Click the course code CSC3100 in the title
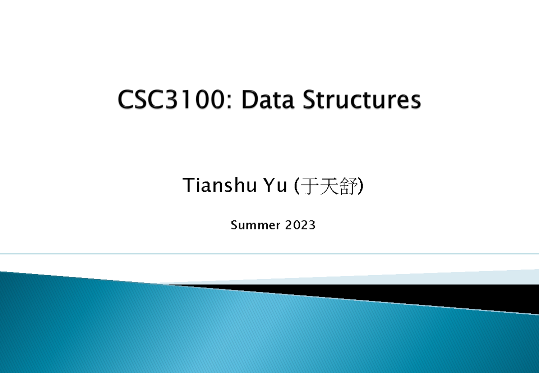(170, 100)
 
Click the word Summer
(255, 225)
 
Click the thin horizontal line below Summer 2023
(269, 254)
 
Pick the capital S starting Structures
(309, 100)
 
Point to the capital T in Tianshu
(187, 185)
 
